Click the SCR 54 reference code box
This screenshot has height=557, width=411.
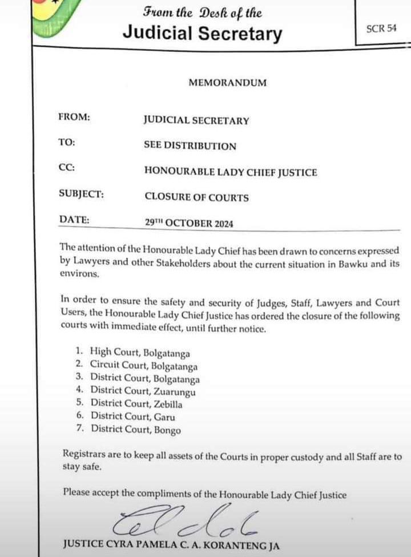(x=381, y=29)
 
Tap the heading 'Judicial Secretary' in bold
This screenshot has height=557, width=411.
(x=202, y=34)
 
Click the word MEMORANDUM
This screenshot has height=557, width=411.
(x=227, y=83)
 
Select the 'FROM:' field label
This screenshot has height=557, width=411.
(x=74, y=117)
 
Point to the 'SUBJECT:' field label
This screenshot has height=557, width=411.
(x=81, y=194)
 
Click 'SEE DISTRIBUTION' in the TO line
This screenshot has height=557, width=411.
(x=190, y=146)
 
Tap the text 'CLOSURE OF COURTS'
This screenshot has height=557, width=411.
(x=196, y=197)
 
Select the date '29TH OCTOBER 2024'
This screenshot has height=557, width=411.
(x=188, y=224)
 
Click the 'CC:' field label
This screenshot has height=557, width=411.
(x=67, y=168)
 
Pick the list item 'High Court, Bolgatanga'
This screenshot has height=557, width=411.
(x=139, y=354)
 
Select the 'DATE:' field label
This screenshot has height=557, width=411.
(x=74, y=220)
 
